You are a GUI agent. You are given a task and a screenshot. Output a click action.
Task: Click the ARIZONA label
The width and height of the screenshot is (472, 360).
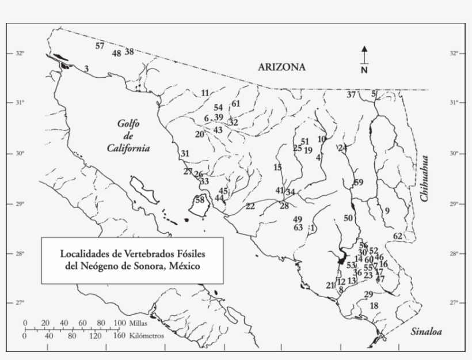click(281, 67)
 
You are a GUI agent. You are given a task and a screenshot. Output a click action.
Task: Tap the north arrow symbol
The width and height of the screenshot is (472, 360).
click(364, 58)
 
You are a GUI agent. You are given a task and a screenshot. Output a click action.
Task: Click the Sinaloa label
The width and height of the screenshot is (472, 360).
click(426, 332)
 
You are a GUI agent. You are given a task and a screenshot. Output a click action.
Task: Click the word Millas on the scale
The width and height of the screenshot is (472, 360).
click(136, 323)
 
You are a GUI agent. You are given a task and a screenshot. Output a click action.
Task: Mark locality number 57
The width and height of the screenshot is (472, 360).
click(100, 46)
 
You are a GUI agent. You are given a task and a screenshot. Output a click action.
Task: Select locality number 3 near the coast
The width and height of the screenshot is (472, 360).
click(86, 69)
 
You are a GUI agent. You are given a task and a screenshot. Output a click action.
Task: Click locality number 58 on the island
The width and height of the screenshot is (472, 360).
click(200, 200)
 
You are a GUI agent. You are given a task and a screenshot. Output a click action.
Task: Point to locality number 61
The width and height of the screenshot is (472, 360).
click(235, 104)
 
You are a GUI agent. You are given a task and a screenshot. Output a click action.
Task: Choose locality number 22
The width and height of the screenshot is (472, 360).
click(250, 206)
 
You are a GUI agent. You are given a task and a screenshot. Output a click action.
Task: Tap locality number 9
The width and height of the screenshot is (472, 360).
click(387, 211)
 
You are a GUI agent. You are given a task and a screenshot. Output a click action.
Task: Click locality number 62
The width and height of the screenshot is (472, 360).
click(398, 236)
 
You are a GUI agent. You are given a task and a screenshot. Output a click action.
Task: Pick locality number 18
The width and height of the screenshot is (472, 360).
click(374, 305)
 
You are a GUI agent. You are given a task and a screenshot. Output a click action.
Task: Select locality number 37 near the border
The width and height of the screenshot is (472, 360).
click(351, 94)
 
